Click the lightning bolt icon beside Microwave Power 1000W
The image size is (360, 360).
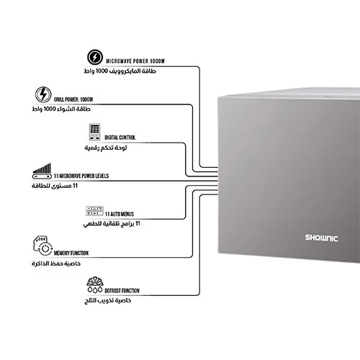[x=95, y=57]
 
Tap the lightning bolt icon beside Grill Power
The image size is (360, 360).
[x=43, y=94]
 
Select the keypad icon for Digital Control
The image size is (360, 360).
[x=94, y=132]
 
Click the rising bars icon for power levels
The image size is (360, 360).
[x=42, y=171]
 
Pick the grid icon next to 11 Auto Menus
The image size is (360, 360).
[x=94, y=211]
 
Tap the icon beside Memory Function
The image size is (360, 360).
[x=42, y=246]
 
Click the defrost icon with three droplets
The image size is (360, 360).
[x=95, y=285]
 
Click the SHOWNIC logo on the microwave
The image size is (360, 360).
[x=322, y=238]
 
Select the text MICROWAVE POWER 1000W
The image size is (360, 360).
[x=135, y=61]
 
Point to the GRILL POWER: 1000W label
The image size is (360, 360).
[x=73, y=99]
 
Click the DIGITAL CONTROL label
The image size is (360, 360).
[x=120, y=138]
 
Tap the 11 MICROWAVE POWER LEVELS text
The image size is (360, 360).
[x=81, y=176]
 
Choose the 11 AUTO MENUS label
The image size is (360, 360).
[x=120, y=214]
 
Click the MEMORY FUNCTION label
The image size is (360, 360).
[x=71, y=253]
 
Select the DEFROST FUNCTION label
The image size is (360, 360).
[x=122, y=291]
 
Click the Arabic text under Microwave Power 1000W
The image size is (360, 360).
[x=120, y=71]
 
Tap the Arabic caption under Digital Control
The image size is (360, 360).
[x=106, y=148]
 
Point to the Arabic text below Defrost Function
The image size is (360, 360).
[x=108, y=300]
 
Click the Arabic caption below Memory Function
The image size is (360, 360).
[x=56, y=264]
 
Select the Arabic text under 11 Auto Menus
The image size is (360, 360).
[x=112, y=224]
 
